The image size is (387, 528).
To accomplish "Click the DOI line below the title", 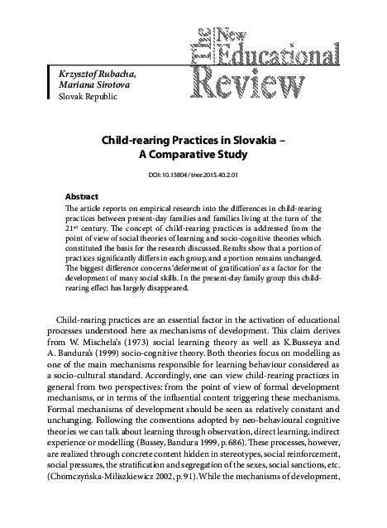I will click(193, 175).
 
